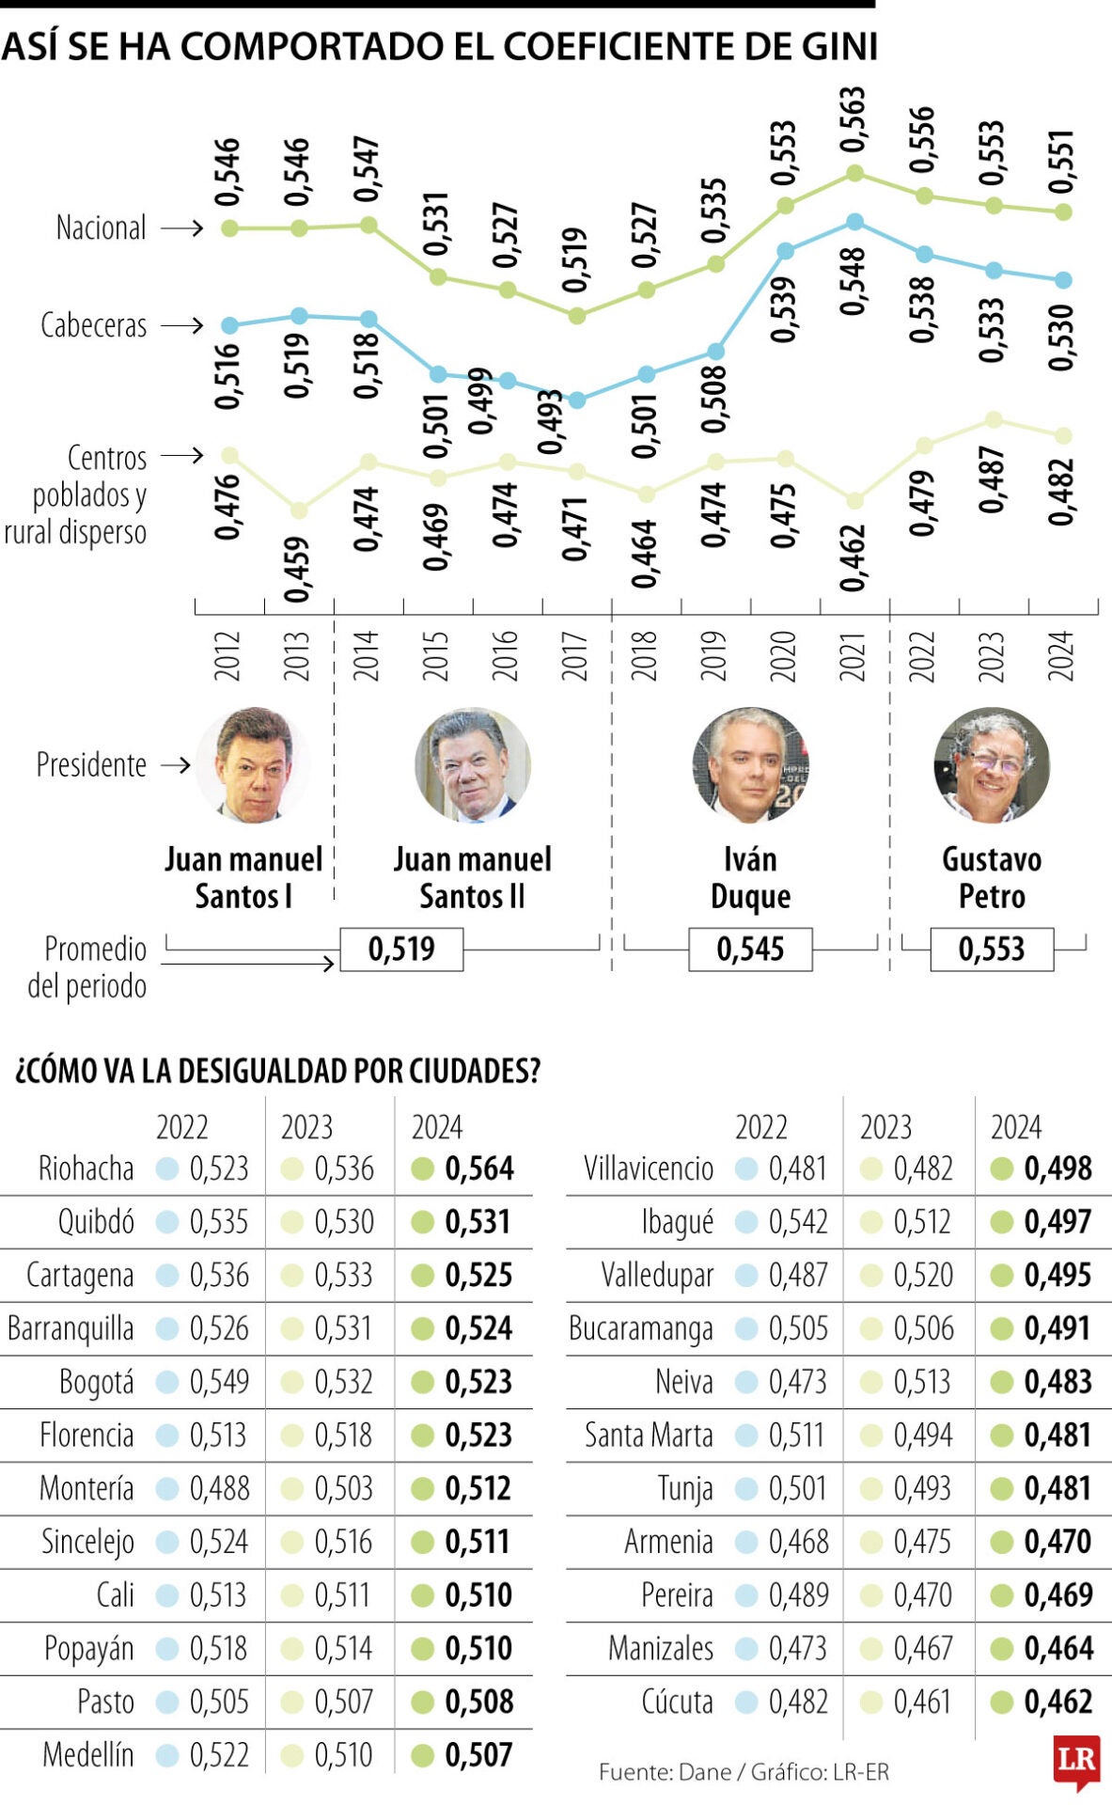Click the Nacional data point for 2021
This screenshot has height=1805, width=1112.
point(854,173)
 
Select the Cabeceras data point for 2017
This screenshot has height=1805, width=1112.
point(577,400)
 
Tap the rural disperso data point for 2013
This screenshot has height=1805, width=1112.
point(299,510)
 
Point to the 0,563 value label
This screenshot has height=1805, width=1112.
point(853,119)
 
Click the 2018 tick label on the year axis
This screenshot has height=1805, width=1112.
point(644,655)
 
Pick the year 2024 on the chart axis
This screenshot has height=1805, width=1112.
point(1061,655)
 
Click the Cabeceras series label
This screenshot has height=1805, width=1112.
point(93,325)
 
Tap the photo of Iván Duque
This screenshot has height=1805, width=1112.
point(750,765)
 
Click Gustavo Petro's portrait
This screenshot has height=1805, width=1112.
point(991,765)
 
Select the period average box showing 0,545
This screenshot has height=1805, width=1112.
point(750,949)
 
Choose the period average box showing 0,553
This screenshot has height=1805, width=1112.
point(991,949)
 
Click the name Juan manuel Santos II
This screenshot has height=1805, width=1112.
point(472,877)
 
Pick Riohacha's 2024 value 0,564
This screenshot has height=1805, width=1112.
point(479,1169)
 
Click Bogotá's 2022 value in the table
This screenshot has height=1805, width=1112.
point(219,1382)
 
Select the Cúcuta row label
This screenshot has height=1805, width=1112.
point(677,1702)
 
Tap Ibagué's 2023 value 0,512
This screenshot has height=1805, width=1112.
point(923,1222)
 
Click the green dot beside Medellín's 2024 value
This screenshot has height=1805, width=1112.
point(422,1755)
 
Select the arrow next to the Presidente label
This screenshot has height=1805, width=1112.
point(175,765)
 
